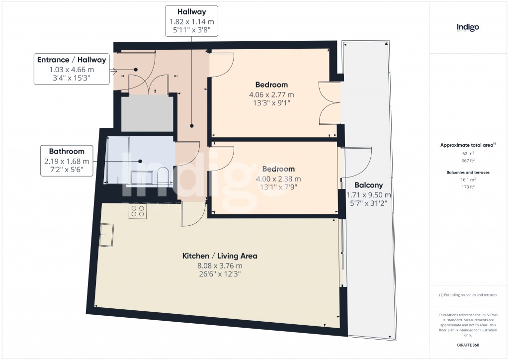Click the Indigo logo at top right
coord(467,27)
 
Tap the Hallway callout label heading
coord(191,12)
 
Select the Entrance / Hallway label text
coord(72,60)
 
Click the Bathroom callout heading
coord(67,151)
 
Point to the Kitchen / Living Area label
coord(220,256)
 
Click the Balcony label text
coord(368,185)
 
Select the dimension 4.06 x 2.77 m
coord(271,95)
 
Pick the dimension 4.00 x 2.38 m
coord(278,179)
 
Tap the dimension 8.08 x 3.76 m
coord(220,266)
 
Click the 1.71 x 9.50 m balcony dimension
coord(368,195)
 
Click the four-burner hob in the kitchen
coord(137,210)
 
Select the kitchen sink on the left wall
coord(107,235)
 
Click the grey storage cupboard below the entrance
coord(147,113)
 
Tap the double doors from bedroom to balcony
coord(330,103)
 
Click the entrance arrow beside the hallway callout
coord(113,71)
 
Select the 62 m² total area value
coord(468,154)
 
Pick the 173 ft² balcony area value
coord(468,187)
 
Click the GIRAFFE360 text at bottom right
coord(468,345)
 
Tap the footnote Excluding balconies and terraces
coord(468,295)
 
